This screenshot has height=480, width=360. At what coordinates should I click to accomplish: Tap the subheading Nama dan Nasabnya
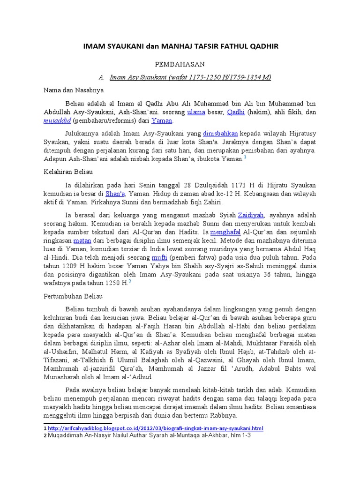(x=74, y=90)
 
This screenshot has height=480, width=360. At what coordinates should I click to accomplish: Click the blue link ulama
(x=196, y=112)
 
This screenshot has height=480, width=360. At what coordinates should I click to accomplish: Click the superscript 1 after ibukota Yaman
(x=245, y=157)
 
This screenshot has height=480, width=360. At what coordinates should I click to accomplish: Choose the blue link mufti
(x=157, y=257)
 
